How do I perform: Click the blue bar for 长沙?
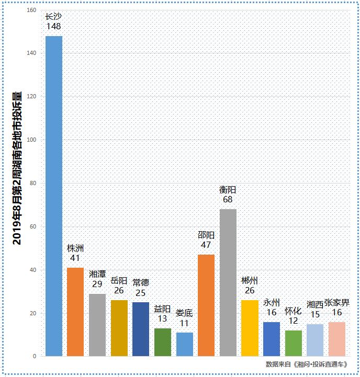click(x=54, y=196)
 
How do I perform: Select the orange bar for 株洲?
click(x=75, y=312)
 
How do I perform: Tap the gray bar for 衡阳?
click(x=228, y=282)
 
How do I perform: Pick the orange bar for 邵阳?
click(x=206, y=305)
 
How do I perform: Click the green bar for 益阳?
click(x=162, y=342)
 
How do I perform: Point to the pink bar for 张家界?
click(x=337, y=339)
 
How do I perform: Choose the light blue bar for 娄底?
click(x=184, y=344)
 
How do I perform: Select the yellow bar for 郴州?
click(x=250, y=328)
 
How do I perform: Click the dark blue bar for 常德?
click(x=141, y=329)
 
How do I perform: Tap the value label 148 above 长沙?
click(x=54, y=26)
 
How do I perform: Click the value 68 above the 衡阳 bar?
click(x=228, y=200)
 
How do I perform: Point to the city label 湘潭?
click(x=97, y=274)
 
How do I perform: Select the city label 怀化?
click(x=293, y=311)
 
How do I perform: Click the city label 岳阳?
click(x=119, y=281)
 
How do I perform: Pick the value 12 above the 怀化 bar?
click(x=293, y=321)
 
